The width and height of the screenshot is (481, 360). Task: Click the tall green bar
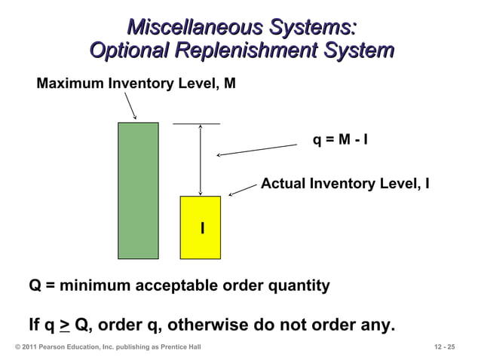(x=138, y=190)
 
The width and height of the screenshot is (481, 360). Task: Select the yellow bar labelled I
(x=200, y=241)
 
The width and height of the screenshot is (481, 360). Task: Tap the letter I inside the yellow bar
(x=202, y=227)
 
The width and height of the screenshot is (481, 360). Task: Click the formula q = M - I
(x=340, y=139)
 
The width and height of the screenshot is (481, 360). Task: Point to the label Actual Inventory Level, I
(x=345, y=183)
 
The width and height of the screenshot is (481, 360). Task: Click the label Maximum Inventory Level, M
(x=136, y=84)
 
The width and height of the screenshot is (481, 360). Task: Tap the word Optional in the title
(x=130, y=51)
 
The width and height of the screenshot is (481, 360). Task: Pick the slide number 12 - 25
(x=445, y=346)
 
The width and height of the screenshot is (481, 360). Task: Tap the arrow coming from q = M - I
(x=256, y=151)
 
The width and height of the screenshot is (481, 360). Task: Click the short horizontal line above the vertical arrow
(x=197, y=124)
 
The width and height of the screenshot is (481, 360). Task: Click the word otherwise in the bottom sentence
(x=240, y=326)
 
